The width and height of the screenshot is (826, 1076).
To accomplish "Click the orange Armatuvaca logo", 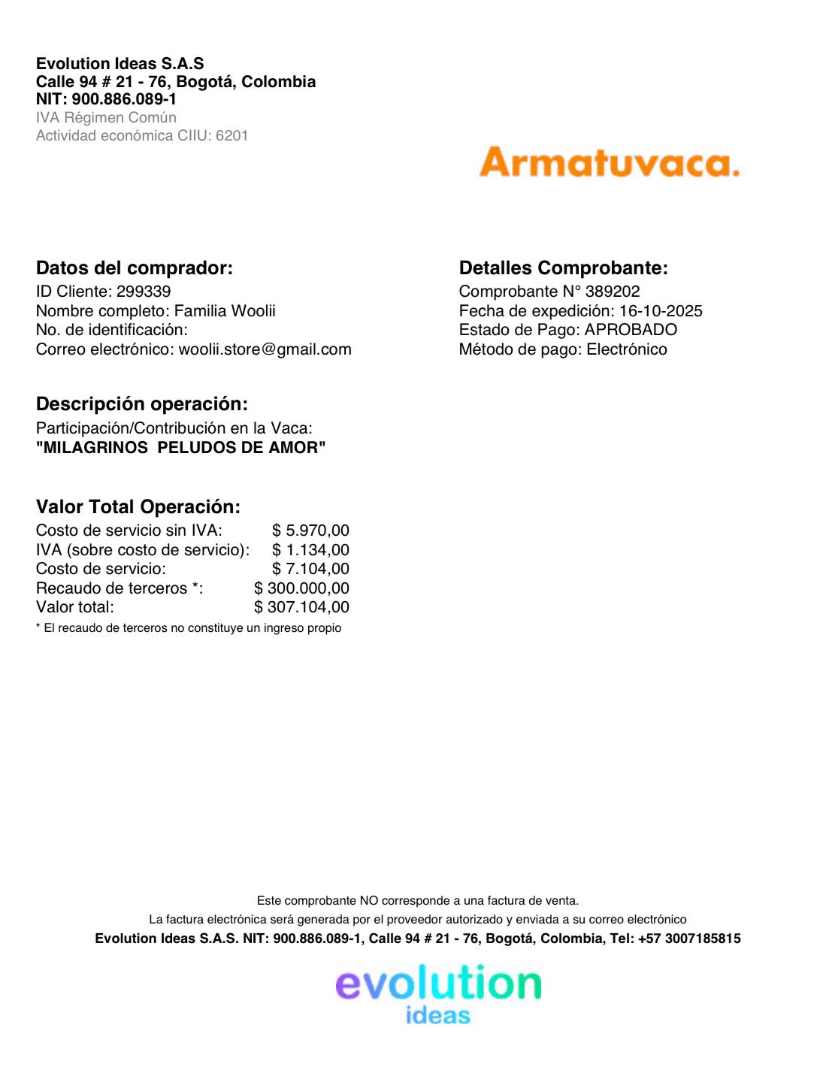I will pyautogui.click(x=609, y=162).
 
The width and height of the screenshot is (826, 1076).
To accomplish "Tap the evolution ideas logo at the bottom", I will pyautogui.click(x=438, y=994).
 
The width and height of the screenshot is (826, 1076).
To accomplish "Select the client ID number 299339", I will pyautogui.click(x=144, y=292).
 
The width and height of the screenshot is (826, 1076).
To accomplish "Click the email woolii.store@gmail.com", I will pyautogui.click(x=265, y=349).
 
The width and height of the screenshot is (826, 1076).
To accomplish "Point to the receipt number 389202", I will pyautogui.click(x=613, y=292).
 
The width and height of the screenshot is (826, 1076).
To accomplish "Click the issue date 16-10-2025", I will pyautogui.click(x=661, y=311).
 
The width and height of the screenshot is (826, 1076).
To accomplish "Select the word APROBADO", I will pyautogui.click(x=631, y=330).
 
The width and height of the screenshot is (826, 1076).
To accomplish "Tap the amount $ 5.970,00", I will pyautogui.click(x=310, y=530).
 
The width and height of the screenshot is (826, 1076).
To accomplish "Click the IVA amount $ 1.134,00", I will pyautogui.click(x=310, y=550).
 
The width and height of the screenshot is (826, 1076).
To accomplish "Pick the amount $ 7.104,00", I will pyautogui.click(x=310, y=569).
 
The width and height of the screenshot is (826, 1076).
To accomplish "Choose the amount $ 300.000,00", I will pyautogui.click(x=301, y=588).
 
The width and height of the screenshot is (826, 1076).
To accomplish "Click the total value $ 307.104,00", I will pyautogui.click(x=301, y=607).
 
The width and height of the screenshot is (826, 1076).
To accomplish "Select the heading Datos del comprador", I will pyautogui.click(x=135, y=268).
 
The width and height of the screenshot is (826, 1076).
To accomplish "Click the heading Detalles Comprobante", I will pyautogui.click(x=563, y=268).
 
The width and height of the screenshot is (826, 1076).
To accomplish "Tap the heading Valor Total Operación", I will pyautogui.click(x=138, y=507).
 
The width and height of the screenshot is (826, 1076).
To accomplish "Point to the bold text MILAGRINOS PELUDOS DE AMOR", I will pyautogui.click(x=181, y=448).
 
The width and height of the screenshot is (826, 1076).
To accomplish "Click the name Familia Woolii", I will pyautogui.click(x=225, y=311).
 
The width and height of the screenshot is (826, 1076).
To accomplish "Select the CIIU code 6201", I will pyautogui.click(x=231, y=136).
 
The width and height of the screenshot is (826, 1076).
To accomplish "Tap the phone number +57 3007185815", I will pyautogui.click(x=689, y=938).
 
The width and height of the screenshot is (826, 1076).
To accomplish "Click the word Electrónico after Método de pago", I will pyautogui.click(x=627, y=349).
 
